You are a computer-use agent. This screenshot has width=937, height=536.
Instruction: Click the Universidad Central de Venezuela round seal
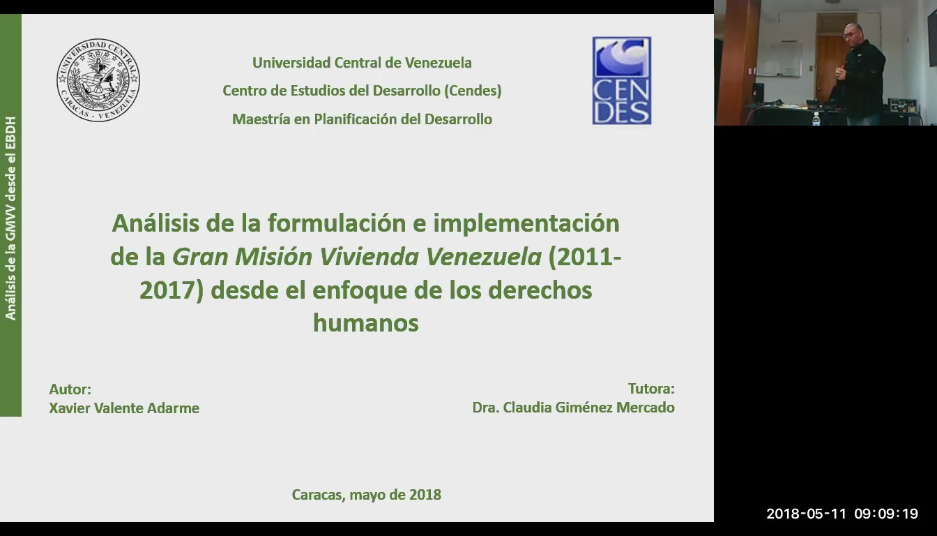98,80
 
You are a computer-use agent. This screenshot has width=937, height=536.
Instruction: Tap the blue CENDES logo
622,80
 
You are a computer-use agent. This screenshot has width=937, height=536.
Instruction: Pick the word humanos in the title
366,323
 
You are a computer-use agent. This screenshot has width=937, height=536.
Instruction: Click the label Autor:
70,389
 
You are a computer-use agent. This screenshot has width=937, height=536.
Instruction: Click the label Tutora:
651,389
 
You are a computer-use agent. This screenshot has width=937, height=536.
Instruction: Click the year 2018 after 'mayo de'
425,495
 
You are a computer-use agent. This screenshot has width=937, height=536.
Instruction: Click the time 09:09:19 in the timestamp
886,514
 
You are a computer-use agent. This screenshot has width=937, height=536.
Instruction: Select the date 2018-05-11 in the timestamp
807,514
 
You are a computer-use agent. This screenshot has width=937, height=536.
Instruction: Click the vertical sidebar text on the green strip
10,218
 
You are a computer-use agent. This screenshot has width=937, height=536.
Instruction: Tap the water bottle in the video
816,118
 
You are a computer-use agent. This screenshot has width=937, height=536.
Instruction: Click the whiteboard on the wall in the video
779,58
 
